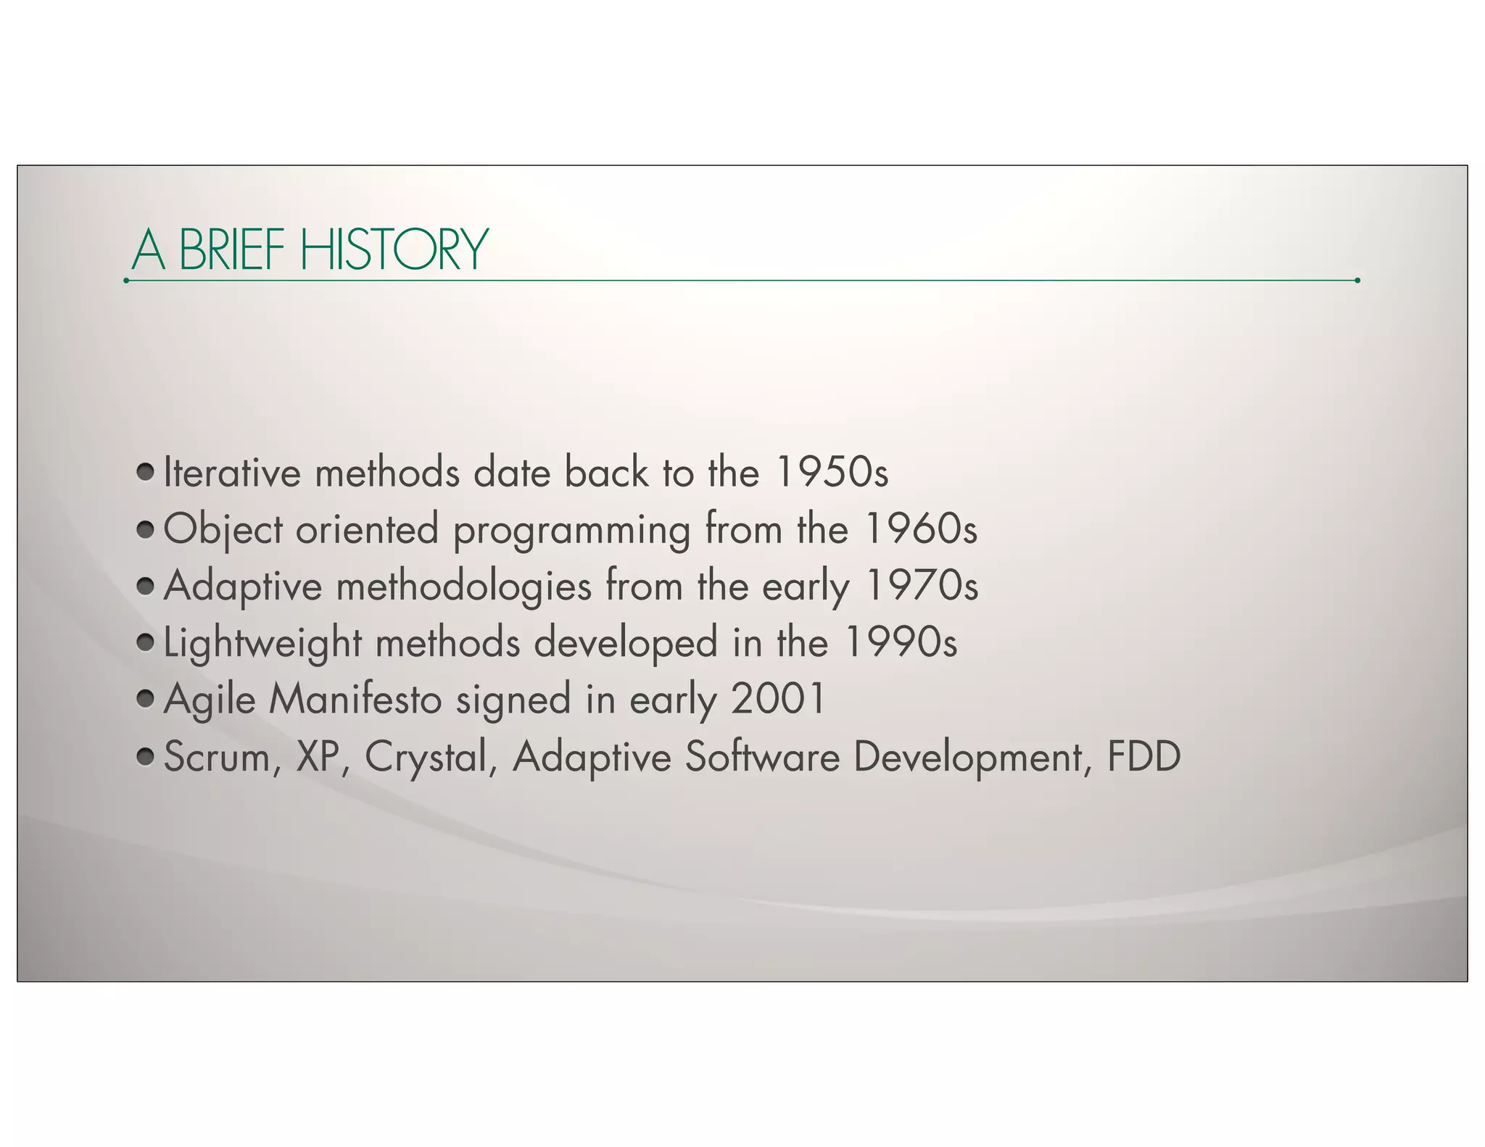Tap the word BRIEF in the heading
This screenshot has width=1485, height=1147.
tap(231, 249)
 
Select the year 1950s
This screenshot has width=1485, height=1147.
tap(831, 473)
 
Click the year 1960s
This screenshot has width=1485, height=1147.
tap(921, 529)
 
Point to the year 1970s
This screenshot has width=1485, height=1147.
tap(922, 586)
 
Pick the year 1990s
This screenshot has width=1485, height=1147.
tap(901, 642)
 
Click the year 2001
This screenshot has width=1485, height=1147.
tap(778, 699)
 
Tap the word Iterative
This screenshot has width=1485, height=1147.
tap(232, 473)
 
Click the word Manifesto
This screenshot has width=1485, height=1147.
tap(355, 699)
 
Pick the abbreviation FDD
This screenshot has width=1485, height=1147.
tap(1143, 756)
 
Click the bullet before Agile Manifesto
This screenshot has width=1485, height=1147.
tap(146, 698)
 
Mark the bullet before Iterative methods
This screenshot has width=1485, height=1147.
tap(146, 472)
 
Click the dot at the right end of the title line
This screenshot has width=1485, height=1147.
tap(1357, 280)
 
